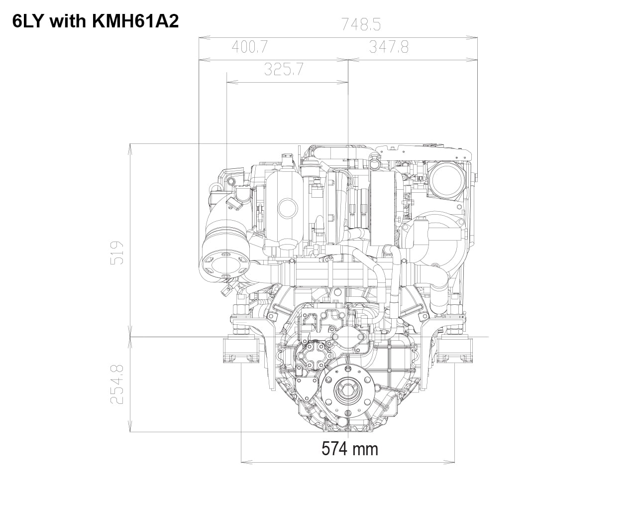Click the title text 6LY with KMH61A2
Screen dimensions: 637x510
pyautogui.click(x=96, y=21)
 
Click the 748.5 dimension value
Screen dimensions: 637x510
pyautogui.click(x=361, y=24)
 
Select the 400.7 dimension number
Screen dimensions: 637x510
pyautogui.click(x=250, y=47)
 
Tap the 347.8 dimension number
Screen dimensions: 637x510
pyautogui.click(x=389, y=47)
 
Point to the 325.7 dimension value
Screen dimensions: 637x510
pyautogui.click(x=284, y=70)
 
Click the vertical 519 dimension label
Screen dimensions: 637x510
pyautogui.click(x=116, y=253)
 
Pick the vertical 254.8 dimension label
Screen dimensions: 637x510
pyautogui.click(x=116, y=384)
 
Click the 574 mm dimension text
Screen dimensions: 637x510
pyautogui.click(x=349, y=449)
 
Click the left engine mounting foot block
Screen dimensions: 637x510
pyautogui.click(x=241, y=350)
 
